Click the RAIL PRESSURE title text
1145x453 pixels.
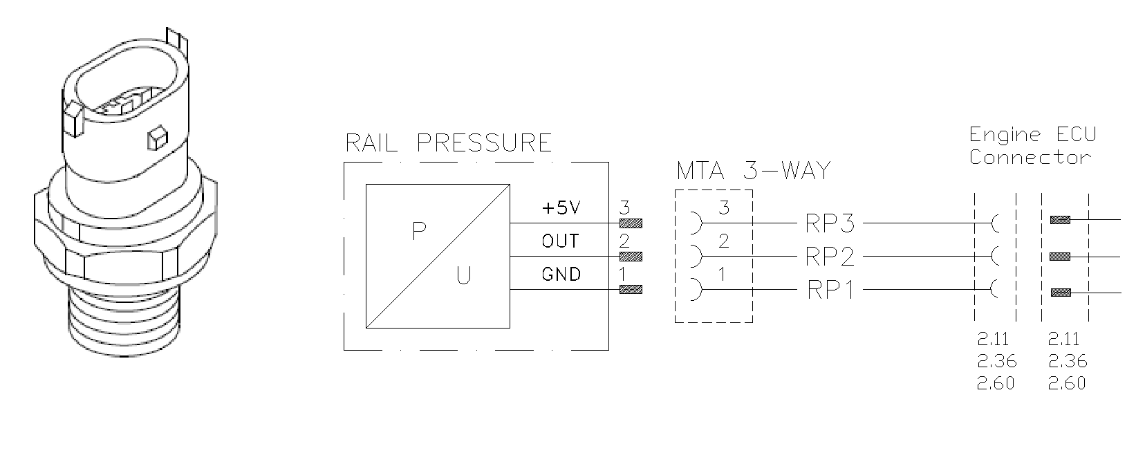448,142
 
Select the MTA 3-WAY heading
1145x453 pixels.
753,170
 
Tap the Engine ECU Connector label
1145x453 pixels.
1032,145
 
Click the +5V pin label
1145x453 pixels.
561,208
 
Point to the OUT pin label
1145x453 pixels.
561,241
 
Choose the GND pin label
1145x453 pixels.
561,275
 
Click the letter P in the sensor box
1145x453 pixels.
418,231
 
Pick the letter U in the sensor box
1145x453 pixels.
463,276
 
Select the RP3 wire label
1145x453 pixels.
830,223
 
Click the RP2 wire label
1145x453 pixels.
830,257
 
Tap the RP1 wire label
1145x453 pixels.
830,290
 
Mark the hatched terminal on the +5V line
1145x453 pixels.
631,223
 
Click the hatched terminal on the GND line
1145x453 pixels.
631,290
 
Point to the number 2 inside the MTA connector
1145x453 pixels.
724,241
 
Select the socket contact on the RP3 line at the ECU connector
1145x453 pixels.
995,223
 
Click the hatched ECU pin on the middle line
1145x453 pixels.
1059,257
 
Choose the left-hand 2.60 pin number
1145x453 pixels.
995,383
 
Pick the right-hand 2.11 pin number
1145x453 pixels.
1063,339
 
